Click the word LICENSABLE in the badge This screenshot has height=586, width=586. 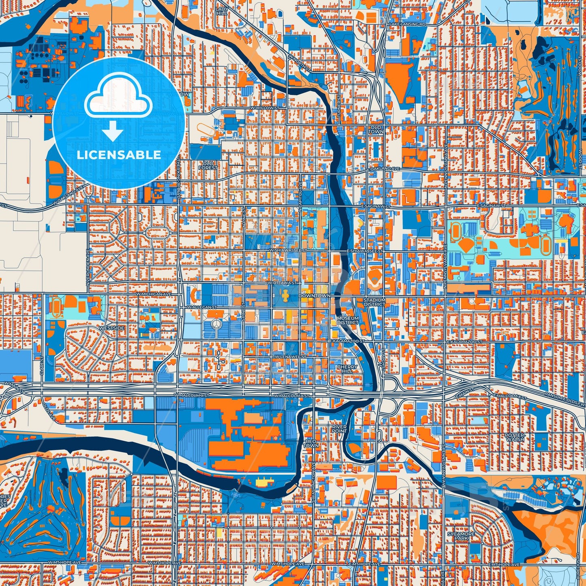(x=119, y=155)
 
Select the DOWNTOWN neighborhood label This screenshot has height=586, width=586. (x=314, y=296)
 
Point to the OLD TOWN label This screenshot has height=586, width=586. (x=376, y=129)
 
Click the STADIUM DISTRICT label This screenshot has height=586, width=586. (x=374, y=302)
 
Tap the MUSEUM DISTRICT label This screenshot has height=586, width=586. (x=348, y=320)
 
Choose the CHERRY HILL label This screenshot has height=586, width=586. (x=348, y=369)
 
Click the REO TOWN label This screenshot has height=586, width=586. (x=311, y=443)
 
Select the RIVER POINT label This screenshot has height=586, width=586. (x=339, y=429)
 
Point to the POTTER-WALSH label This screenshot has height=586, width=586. (x=515, y=437)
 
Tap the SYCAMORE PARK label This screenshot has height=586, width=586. (x=461, y=536)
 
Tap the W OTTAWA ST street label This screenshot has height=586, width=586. (x=284, y=282)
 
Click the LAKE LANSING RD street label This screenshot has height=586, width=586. (x=407, y=25)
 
